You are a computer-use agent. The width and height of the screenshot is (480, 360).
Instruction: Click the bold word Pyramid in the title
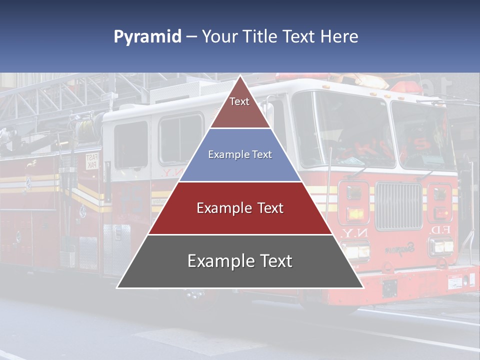pos(147,37)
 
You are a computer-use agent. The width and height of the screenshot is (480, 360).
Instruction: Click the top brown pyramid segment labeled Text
pos(240,107)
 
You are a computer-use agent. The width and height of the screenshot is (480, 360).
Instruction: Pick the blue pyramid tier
pos(240,155)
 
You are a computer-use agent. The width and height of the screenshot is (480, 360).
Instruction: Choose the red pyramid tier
pos(240,208)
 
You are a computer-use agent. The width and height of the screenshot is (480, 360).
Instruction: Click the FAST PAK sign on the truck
pos(92,161)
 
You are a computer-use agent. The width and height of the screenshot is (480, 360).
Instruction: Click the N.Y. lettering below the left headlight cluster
pos(352,233)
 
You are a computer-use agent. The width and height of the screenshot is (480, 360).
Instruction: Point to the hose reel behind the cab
pos(87,127)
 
